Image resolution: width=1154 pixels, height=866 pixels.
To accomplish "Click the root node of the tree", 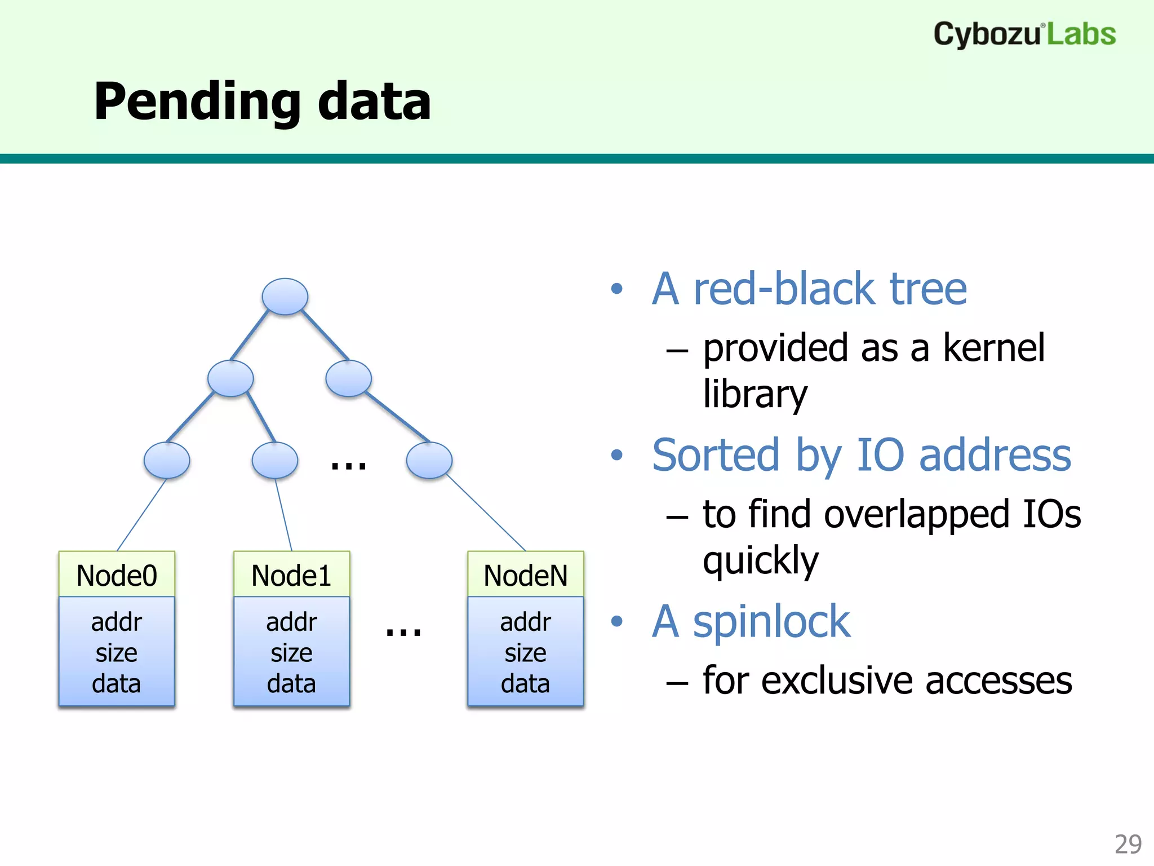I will tap(285, 297).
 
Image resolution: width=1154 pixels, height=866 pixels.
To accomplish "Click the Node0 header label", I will tap(117, 576).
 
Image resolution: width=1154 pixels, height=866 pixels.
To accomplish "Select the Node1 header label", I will tap(291, 576).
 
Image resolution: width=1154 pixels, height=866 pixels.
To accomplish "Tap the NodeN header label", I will tap(525, 576).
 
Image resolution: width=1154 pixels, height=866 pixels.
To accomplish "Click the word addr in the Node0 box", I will tap(117, 622).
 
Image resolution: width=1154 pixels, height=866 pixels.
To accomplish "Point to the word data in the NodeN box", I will tap(525, 683).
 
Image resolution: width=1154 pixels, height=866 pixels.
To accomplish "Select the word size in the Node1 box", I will tap(291, 653).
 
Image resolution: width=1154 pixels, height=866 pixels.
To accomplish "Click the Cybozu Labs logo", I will tap(1024, 34).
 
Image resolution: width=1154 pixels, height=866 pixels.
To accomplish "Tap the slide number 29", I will tap(1128, 844).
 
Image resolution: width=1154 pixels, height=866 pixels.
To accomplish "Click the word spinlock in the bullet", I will tap(771, 621).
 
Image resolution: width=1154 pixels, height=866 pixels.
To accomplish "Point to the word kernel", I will tap(993, 347).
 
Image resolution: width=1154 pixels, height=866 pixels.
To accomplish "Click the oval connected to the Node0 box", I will tap(167, 460).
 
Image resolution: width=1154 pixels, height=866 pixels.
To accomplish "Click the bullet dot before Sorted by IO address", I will tap(617, 454).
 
